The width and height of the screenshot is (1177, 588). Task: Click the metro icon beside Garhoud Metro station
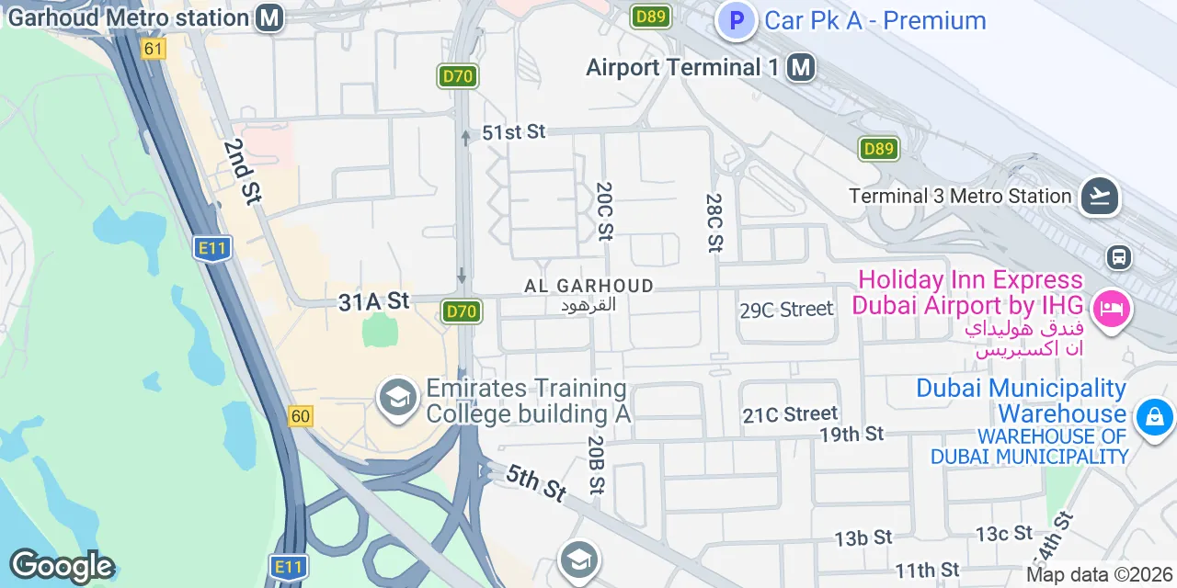click(269, 17)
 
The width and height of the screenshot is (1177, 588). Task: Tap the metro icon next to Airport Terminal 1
click(802, 67)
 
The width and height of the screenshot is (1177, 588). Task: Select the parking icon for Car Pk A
click(737, 20)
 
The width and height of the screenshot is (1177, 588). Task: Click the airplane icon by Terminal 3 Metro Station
click(1099, 196)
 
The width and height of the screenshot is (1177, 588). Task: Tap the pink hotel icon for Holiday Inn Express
click(1113, 308)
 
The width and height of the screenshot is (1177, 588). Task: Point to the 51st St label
click(514, 132)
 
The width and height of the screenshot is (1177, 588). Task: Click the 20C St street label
click(604, 211)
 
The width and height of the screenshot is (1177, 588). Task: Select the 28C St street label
click(714, 222)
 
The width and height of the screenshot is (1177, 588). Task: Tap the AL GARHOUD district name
click(588, 287)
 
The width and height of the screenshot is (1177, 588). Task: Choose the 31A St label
click(373, 301)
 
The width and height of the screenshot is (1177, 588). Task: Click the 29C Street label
click(786, 310)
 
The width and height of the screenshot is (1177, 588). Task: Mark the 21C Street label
click(790, 415)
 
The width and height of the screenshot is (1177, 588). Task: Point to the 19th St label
click(851, 434)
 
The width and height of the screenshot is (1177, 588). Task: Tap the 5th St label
click(535, 482)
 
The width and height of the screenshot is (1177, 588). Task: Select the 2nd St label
click(242, 171)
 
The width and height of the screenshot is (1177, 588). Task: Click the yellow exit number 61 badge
click(154, 50)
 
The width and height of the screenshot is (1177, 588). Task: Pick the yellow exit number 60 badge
click(300, 416)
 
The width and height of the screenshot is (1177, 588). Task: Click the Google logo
click(62, 566)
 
